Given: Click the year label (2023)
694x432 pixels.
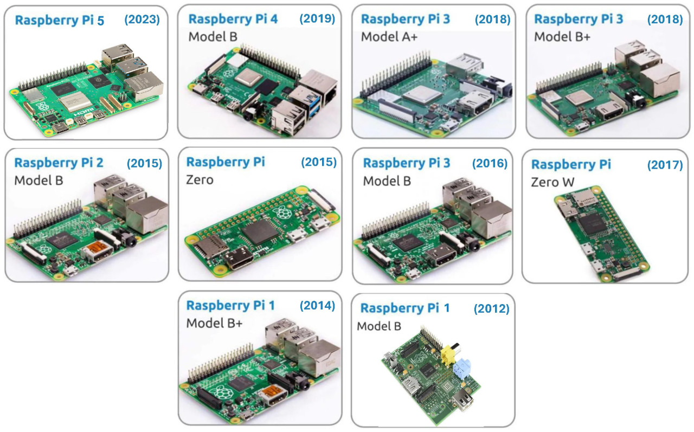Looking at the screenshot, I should point(142,20).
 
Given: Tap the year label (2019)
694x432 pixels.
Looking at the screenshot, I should point(317,18).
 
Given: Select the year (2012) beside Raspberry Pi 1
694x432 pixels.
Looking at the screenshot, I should point(491,308).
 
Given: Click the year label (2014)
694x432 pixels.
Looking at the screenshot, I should point(317,305).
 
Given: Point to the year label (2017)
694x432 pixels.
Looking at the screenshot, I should point(665,165).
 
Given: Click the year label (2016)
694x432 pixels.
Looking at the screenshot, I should point(490,163).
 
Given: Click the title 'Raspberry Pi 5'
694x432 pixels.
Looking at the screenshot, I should point(60,21).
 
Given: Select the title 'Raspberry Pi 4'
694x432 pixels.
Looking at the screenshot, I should point(233,19).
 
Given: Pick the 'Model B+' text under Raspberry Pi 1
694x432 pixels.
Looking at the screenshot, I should point(214,323).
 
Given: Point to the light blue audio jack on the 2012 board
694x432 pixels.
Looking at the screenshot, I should point(461,369).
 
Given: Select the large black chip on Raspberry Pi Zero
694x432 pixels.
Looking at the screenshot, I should point(258,231).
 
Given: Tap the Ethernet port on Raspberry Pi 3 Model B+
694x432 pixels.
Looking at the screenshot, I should point(659,80).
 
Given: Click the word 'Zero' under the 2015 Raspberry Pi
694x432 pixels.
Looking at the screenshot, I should point(200,179).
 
